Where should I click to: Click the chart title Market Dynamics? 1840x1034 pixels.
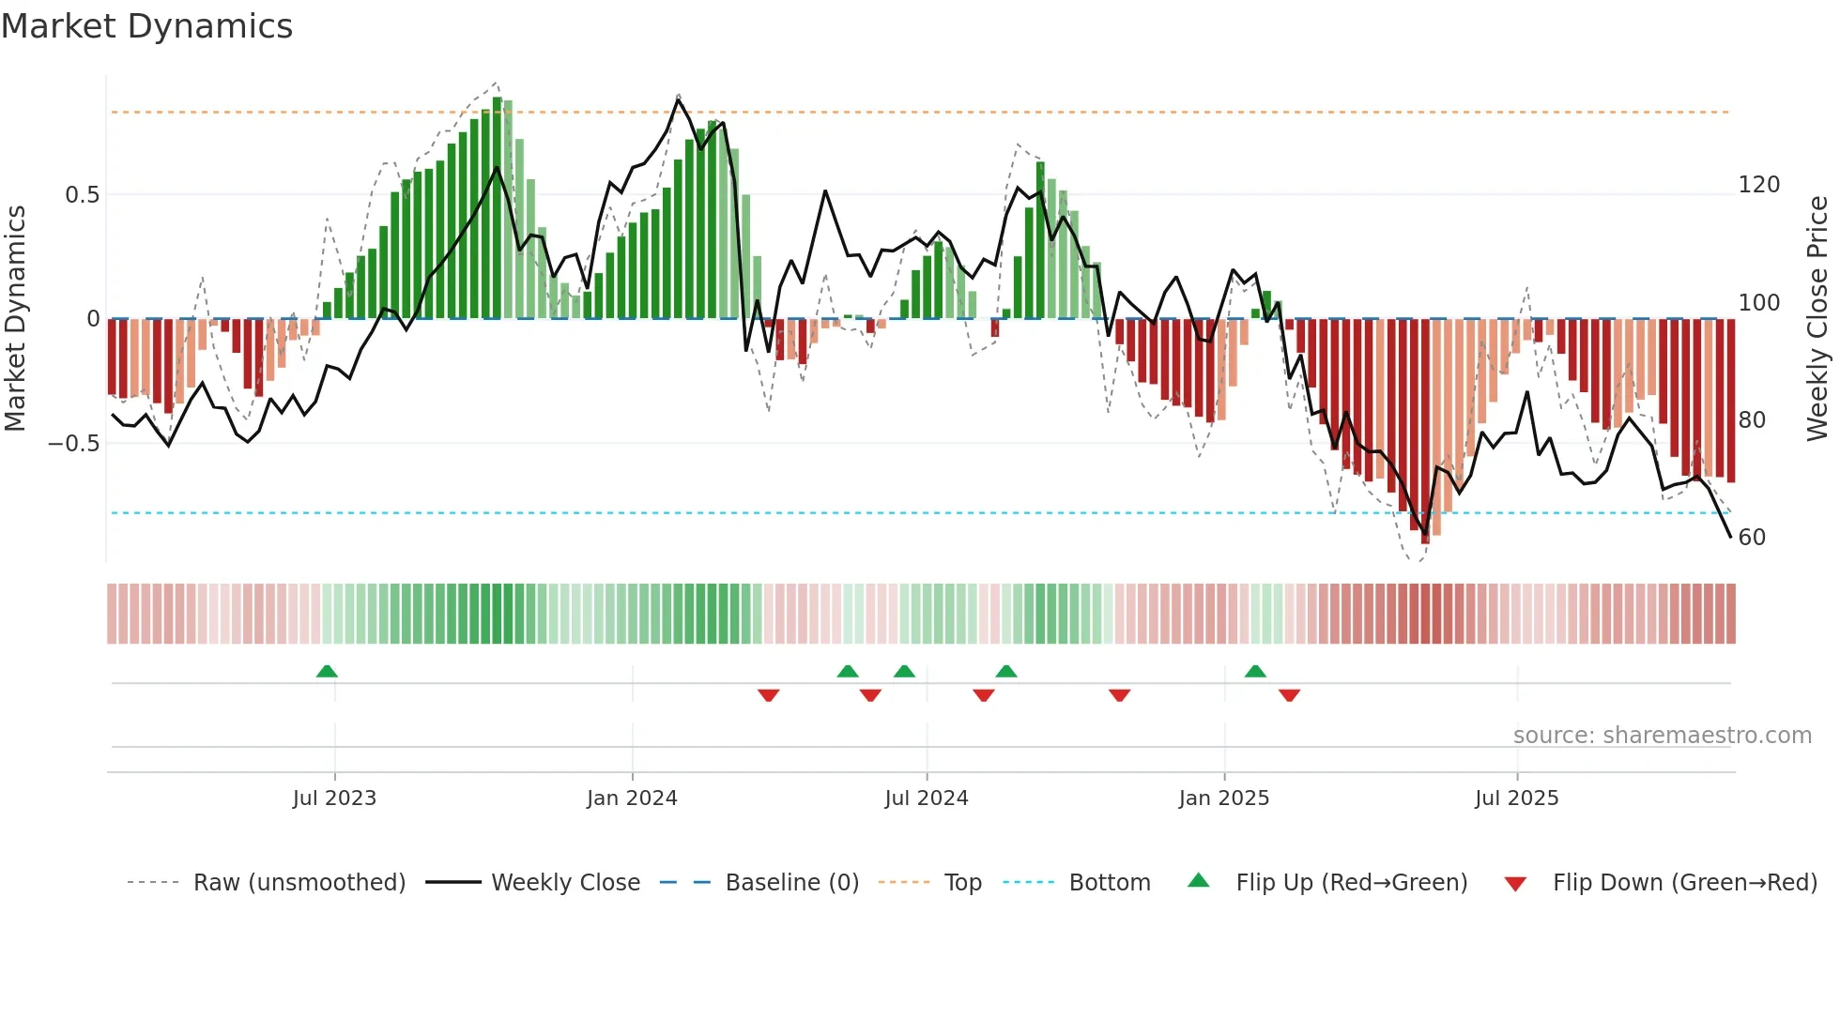[x=146, y=26]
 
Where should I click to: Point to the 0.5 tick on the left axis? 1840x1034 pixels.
[x=82, y=195]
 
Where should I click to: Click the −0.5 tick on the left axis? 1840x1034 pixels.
[x=74, y=444]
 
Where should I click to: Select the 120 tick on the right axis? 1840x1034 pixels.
[x=1758, y=185]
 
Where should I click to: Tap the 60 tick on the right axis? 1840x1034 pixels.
[x=1752, y=538]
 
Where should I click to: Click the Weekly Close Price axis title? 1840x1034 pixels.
[x=1817, y=319]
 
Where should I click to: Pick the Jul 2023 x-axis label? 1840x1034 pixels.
[x=334, y=798]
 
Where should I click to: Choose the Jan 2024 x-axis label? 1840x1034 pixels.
[x=632, y=798]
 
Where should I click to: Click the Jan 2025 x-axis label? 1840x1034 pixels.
[x=1224, y=798]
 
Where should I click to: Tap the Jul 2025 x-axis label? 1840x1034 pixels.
[x=1516, y=798]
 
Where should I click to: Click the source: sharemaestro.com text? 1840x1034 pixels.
[x=1662, y=736]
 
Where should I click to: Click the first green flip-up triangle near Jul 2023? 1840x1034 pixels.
[x=327, y=672]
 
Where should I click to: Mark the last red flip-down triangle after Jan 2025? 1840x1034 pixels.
[x=1289, y=695]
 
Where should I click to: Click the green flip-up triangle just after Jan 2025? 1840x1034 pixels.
[x=1255, y=672]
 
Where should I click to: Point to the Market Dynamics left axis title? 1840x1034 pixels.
[x=15, y=319]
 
